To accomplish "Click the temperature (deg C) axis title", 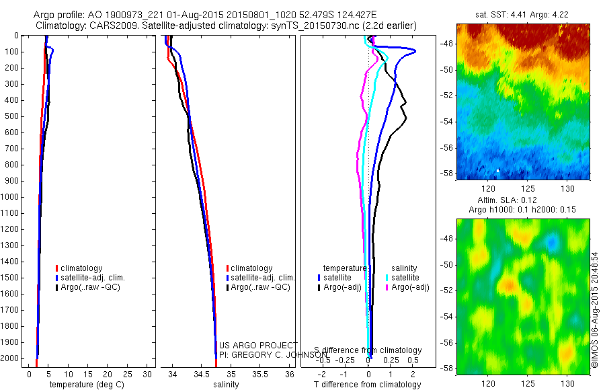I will (x=81, y=385).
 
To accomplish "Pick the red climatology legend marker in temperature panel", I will (x=56, y=268).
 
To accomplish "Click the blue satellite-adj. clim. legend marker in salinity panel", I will (x=228, y=278).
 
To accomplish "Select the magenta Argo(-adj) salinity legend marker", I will (x=388, y=287).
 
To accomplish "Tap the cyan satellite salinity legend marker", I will (x=388, y=277).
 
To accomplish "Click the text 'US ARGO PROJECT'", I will (x=257, y=345).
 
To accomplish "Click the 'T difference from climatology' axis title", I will (x=368, y=385).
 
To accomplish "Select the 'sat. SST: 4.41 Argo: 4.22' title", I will (x=522, y=13).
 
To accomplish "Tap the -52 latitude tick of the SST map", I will (x=445, y=95).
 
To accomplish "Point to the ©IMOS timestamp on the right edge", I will (x=595, y=309).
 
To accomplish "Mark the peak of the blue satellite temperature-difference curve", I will (x=415, y=51).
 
